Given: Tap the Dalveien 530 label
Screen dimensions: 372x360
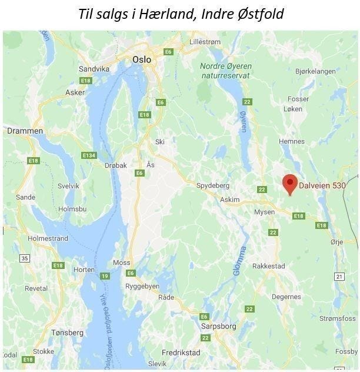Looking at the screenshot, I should click(x=322, y=185).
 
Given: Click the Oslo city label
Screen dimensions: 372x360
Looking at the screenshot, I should click(x=142, y=59).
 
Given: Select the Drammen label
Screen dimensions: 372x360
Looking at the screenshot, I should click(x=25, y=131).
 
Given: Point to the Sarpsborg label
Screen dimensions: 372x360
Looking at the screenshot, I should click(x=218, y=325).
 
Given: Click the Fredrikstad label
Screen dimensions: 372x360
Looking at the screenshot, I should click(x=181, y=353).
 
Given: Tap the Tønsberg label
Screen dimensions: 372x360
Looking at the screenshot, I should click(x=67, y=333).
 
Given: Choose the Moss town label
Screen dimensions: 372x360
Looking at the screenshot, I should click(x=121, y=263).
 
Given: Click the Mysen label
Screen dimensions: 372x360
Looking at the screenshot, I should click(x=265, y=212).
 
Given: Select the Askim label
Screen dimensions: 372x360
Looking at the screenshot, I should click(x=229, y=200).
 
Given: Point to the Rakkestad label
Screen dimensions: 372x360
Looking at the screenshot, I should click(x=268, y=266).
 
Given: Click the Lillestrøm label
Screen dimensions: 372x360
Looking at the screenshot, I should click(x=205, y=42).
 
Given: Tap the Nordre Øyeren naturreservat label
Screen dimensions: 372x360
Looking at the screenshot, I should click(x=225, y=71).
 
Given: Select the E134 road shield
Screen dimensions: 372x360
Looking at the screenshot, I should click(x=89, y=155).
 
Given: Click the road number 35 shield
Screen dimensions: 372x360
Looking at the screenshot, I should click(x=24, y=258).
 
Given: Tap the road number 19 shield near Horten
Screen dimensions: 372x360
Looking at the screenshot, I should click(x=105, y=276).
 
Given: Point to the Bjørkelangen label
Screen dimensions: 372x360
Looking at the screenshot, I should click(x=315, y=71).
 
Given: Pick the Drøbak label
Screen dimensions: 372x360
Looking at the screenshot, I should click(x=115, y=166).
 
